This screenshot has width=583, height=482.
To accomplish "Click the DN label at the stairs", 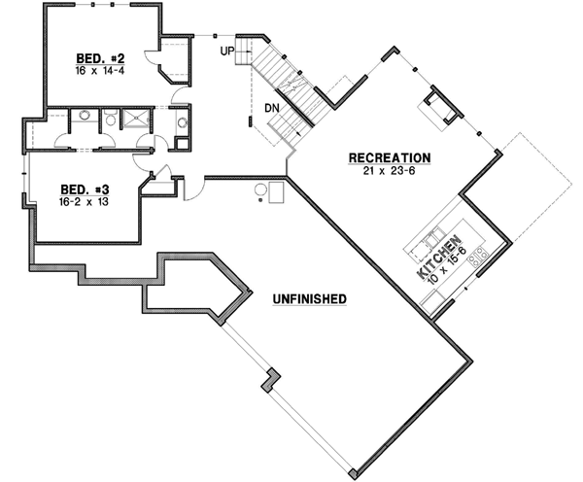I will (272, 108).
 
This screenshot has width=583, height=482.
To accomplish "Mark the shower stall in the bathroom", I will (138, 121).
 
